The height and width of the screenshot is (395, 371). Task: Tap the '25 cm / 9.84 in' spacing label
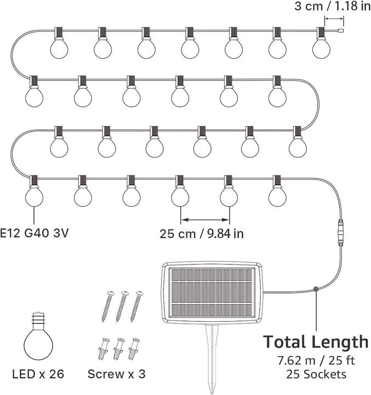pyautogui.click(x=202, y=233)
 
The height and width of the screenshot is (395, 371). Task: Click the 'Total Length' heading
pyautogui.click(x=316, y=342)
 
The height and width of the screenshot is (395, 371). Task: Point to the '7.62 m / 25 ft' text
pyautogui.click(x=316, y=362)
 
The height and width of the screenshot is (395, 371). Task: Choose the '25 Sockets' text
pyautogui.click(x=316, y=375)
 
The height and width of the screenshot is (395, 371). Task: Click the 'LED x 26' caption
pyautogui.click(x=36, y=374)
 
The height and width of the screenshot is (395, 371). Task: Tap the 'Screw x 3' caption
pyautogui.click(x=116, y=374)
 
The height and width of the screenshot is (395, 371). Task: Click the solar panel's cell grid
pyautogui.click(x=212, y=292)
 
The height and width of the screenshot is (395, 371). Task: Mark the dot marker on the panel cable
pyautogui.click(x=317, y=289)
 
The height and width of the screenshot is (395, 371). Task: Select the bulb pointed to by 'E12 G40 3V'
pyautogui.click(x=34, y=196)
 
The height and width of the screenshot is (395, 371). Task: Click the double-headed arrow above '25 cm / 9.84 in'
pyautogui.click(x=205, y=219)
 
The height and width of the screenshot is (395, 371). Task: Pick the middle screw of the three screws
pyautogui.click(x=121, y=306)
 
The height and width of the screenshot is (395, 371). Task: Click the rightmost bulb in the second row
pyautogui.click(x=277, y=97)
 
